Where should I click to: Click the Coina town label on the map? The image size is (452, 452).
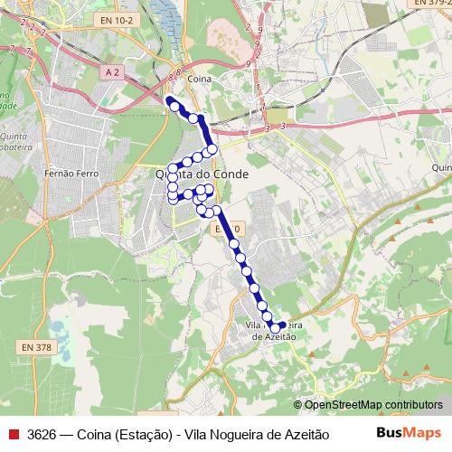[x=197, y=80]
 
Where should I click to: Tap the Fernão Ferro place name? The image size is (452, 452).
[x=63, y=170]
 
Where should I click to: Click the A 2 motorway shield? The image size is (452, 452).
[x=112, y=71]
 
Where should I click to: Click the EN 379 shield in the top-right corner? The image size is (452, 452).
[x=432, y=5]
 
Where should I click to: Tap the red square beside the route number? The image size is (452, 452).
[x=13, y=435]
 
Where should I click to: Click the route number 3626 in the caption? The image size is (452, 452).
[x=43, y=435]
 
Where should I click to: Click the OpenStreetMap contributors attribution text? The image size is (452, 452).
[x=373, y=406]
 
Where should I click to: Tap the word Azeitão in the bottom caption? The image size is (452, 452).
[x=304, y=435]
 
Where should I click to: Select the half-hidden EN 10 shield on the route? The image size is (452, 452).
[x=226, y=231]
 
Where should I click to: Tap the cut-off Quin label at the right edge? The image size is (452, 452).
[x=441, y=167]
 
